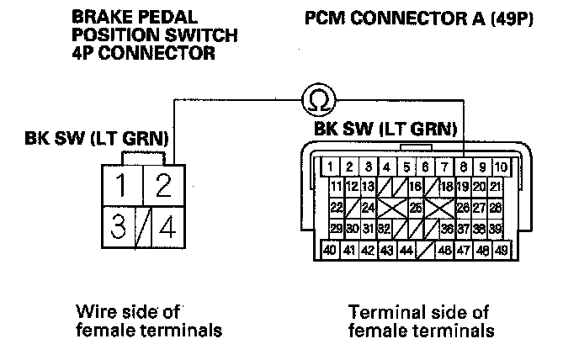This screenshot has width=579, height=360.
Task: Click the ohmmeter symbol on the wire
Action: point(316,100)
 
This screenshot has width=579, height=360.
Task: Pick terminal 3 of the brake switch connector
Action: point(121,227)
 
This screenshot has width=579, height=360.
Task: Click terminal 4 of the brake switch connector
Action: point(167,227)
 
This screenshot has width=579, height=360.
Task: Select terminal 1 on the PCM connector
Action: point(333,167)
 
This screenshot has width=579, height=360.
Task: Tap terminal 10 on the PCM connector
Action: point(500,167)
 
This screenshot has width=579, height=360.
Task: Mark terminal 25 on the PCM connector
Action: point(415,207)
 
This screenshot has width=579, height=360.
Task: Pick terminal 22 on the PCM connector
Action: point(336,207)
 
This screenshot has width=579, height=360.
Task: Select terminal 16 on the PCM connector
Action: point(415,186)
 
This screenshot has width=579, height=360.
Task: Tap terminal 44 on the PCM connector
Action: point(406,250)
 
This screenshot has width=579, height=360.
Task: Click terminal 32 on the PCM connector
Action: point(384,228)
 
